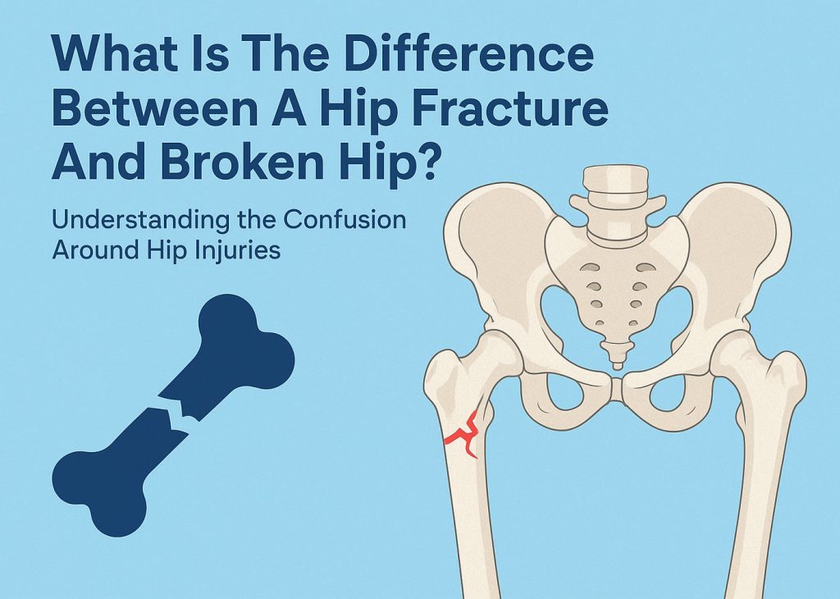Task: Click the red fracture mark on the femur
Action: [463, 432]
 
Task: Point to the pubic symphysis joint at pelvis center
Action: [616, 385]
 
